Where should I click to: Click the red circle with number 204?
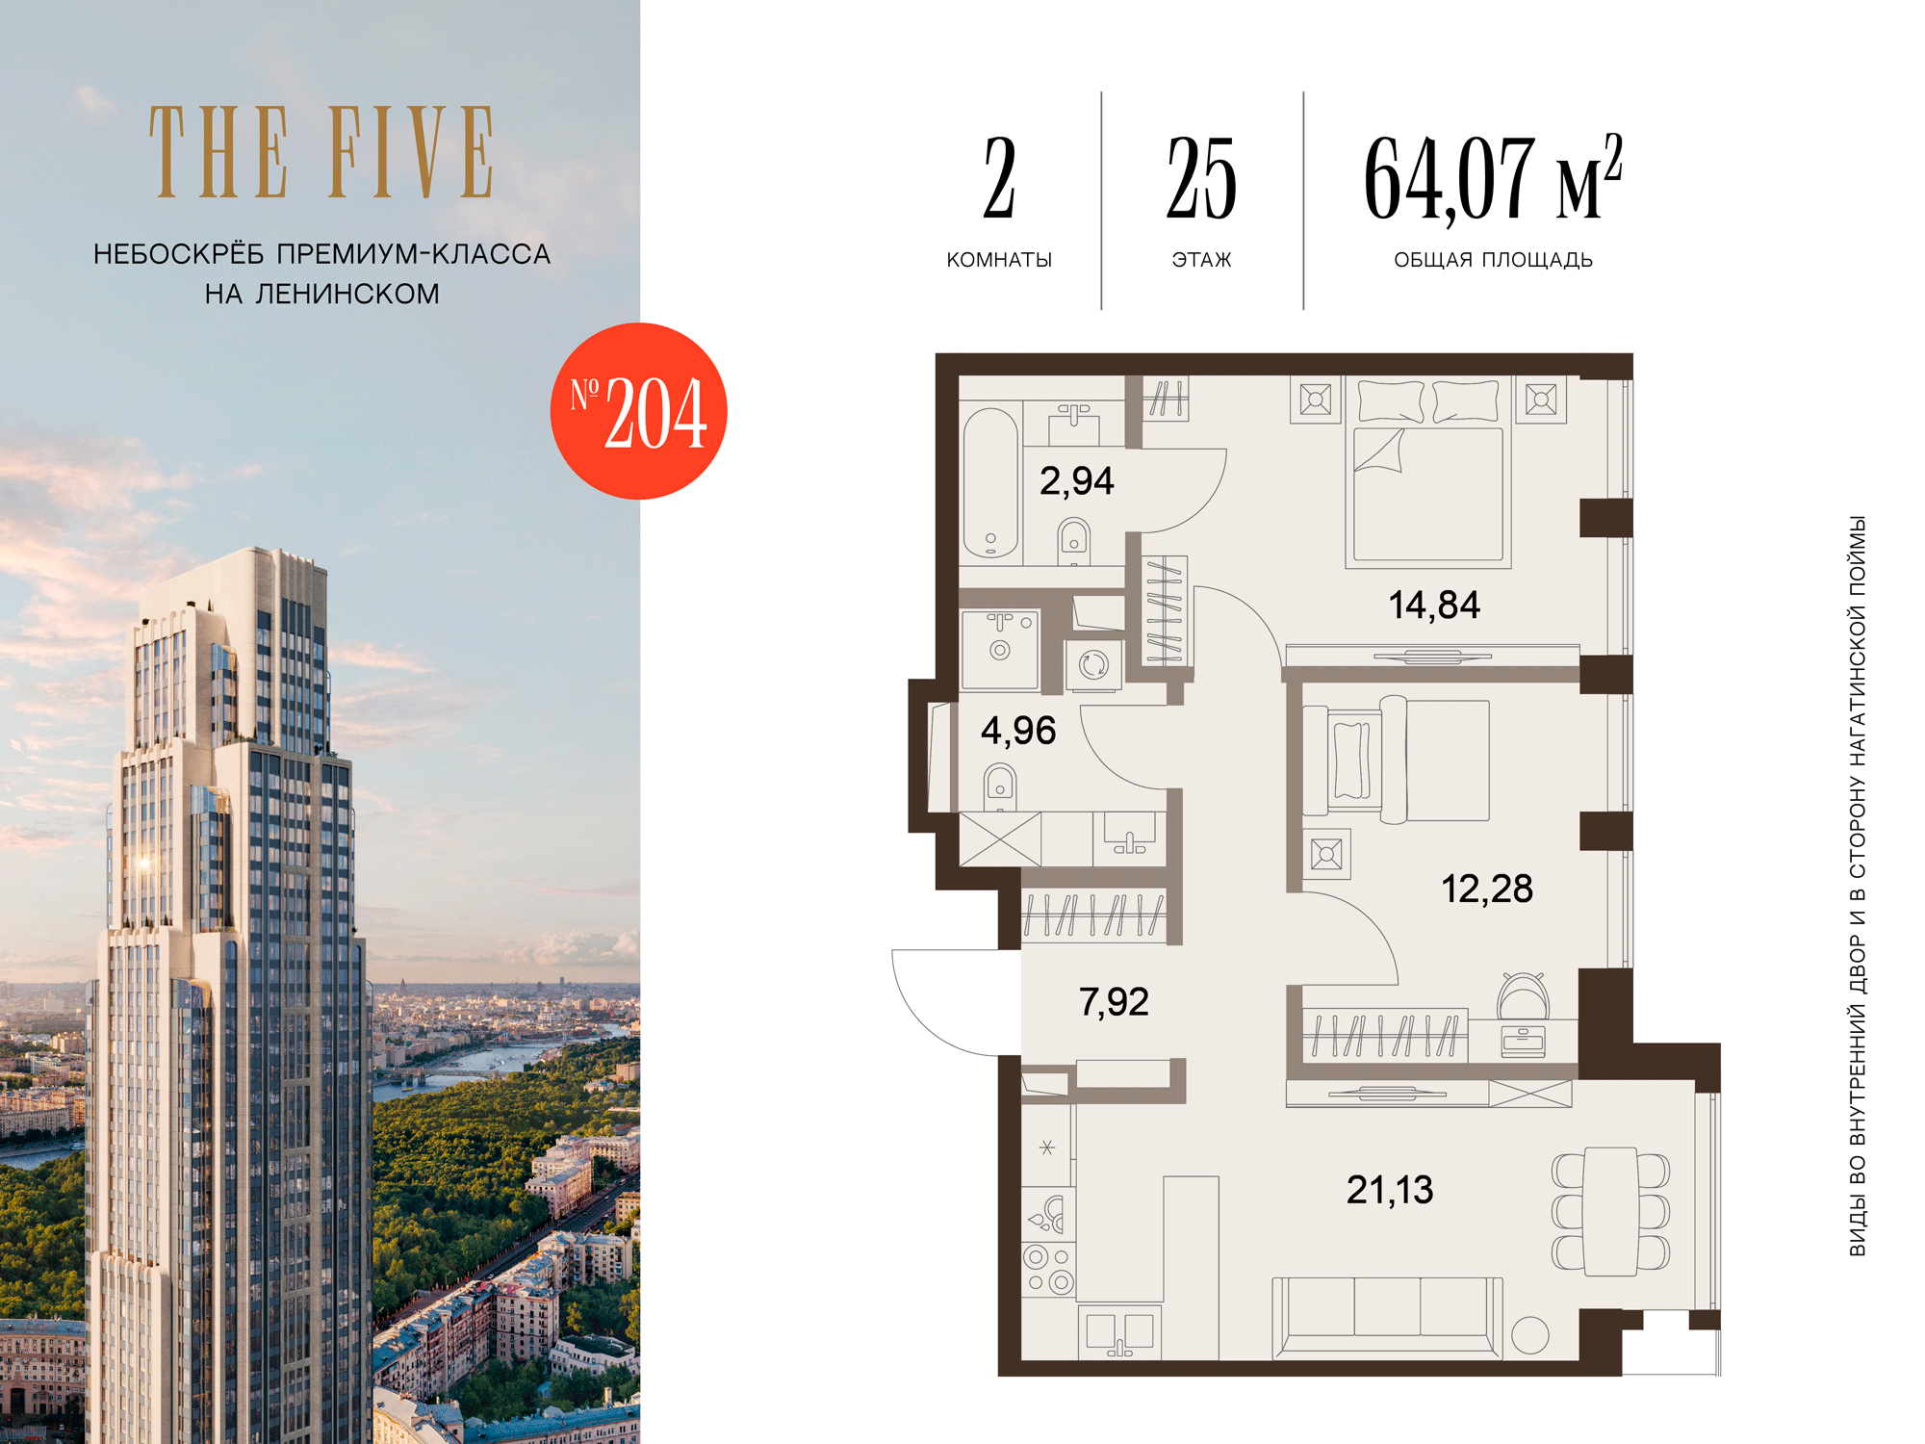tap(638, 411)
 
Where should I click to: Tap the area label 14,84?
tap(1434, 606)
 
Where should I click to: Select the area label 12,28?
tap(1487, 890)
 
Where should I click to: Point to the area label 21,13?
tap(1390, 1191)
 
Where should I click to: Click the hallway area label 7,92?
tap(1114, 1002)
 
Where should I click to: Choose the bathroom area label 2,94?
tap(1077, 481)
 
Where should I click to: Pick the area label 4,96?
tap(1018, 731)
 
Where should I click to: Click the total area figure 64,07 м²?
tap(1493, 178)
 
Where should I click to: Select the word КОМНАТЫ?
tap(999, 260)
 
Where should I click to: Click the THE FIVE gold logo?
tap(321, 152)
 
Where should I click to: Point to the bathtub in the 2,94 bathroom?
tap(991, 483)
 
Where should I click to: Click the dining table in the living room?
tap(1611, 1211)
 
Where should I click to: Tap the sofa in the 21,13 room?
tap(1387, 1317)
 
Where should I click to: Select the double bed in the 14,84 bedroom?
tap(1428, 473)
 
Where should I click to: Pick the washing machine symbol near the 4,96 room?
tap(1093, 664)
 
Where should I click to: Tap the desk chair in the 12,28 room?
tap(1523, 995)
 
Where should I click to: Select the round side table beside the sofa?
tap(1530, 1335)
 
